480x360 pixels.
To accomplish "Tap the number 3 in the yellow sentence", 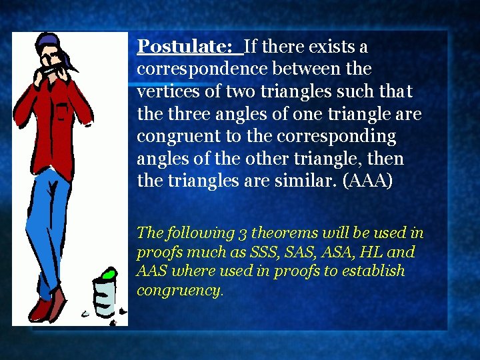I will (x=243, y=233).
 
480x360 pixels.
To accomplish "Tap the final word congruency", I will (x=179, y=291).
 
